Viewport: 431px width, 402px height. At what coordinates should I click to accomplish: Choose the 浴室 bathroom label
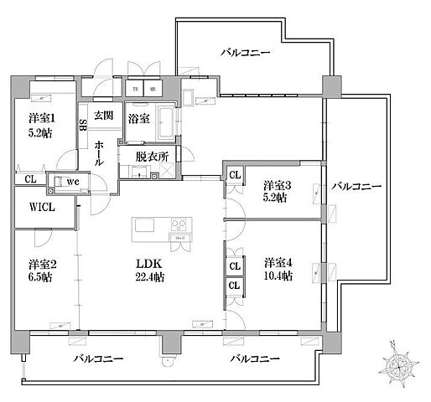[139, 119]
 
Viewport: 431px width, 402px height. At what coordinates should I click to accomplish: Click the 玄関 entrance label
[103, 116]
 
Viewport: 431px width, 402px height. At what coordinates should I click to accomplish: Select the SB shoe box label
[83, 125]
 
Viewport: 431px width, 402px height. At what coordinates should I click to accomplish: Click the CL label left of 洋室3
[235, 175]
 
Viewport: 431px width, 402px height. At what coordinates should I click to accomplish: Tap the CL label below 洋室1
[29, 178]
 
